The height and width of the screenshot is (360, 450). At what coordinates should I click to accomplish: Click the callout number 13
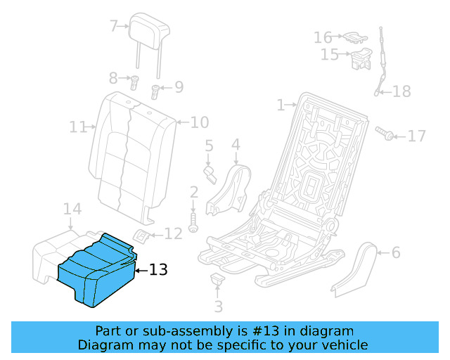158,269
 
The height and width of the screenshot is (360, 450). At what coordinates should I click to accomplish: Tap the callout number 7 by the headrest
114,27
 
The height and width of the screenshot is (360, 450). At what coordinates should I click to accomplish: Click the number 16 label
323,37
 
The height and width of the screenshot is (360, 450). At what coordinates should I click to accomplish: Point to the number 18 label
401,91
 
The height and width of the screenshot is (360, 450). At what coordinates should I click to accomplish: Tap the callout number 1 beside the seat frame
281,105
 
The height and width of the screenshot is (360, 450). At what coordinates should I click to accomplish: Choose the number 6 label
395,252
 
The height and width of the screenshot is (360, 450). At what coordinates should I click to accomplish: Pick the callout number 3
218,306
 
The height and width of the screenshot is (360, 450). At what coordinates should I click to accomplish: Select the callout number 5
209,146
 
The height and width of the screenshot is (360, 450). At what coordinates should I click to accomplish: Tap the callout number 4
236,145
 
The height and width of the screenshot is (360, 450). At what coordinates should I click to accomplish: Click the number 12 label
173,233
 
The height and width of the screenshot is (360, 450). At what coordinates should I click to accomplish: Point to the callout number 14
72,209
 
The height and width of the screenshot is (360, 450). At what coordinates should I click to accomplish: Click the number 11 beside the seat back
77,127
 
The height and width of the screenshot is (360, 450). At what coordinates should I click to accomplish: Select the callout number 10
200,122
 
